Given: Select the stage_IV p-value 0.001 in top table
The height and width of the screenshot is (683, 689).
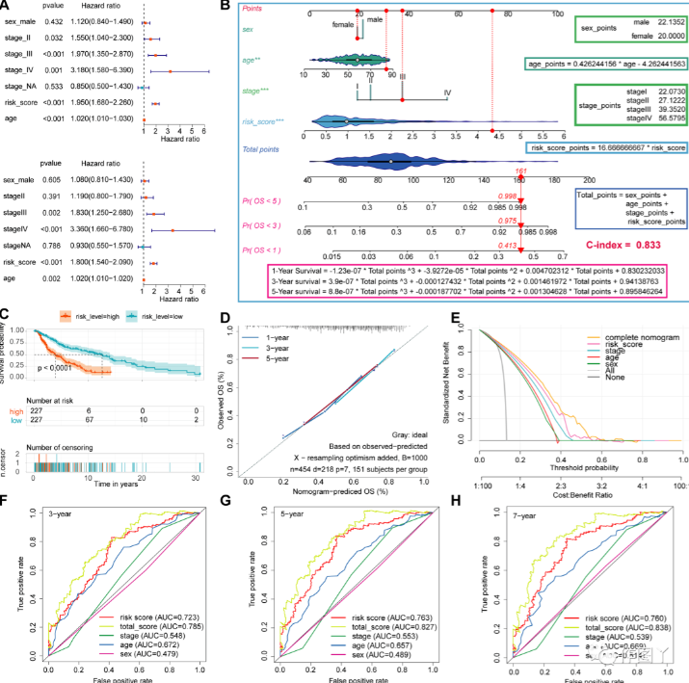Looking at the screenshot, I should pos(50,71).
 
